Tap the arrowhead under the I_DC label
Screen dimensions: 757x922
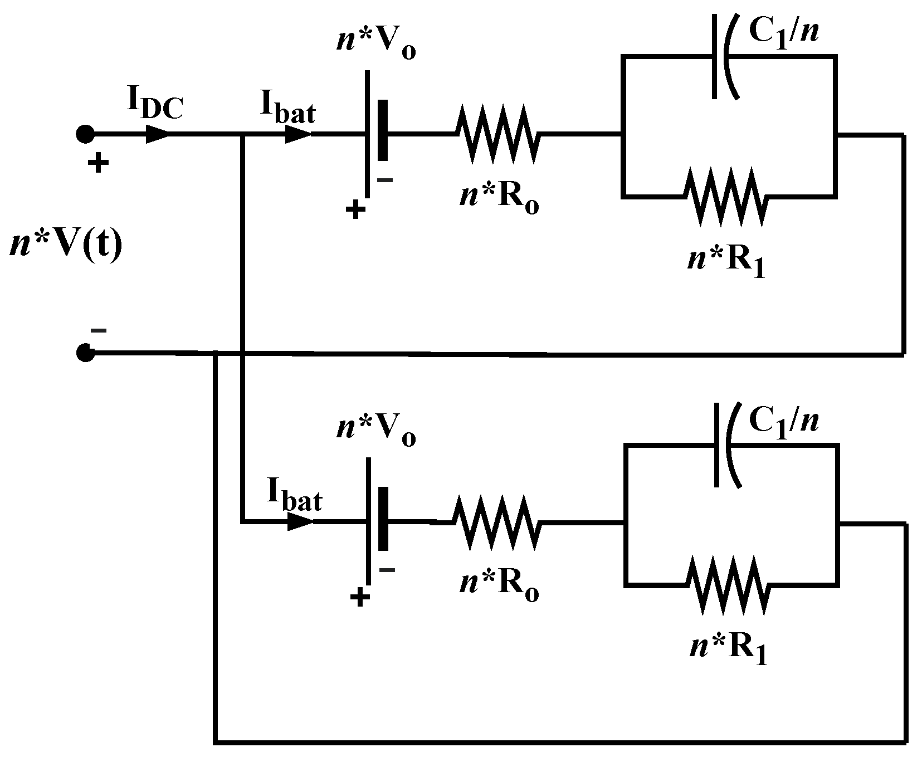(x=158, y=134)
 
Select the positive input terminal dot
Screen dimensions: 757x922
(x=85, y=134)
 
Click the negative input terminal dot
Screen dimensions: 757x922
(x=85, y=353)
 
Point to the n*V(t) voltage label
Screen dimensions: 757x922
(x=65, y=245)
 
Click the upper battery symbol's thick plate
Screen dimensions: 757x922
(x=382, y=130)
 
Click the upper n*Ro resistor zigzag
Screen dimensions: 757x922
(x=497, y=134)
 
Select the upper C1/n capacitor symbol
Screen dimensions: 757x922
(x=724, y=56)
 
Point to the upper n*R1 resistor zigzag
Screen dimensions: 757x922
(x=725, y=196)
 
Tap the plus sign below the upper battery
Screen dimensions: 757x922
(x=355, y=211)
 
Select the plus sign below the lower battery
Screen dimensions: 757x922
(x=359, y=598)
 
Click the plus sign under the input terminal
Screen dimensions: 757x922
(x=98, y=164)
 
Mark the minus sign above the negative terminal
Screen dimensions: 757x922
(x=99, y=330)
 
